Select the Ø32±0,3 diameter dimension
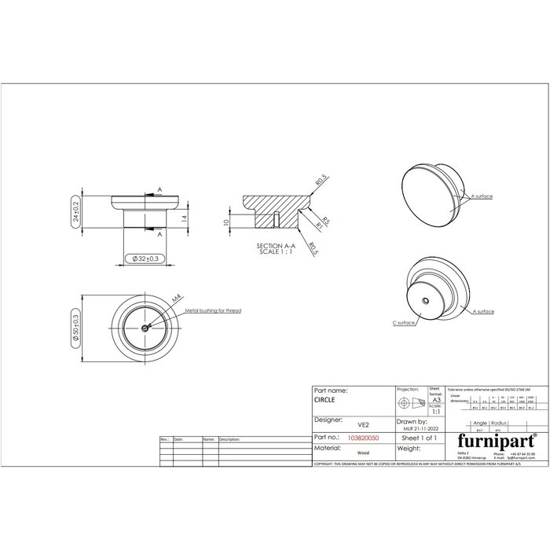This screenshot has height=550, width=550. point(145,258)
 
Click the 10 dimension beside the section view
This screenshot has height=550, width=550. point(225,222)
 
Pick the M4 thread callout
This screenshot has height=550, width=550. point(176,299)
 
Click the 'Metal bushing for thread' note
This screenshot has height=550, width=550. point(213,311)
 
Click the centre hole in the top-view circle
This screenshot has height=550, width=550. point(145,328)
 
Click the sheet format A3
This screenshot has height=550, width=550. point(436,399)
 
